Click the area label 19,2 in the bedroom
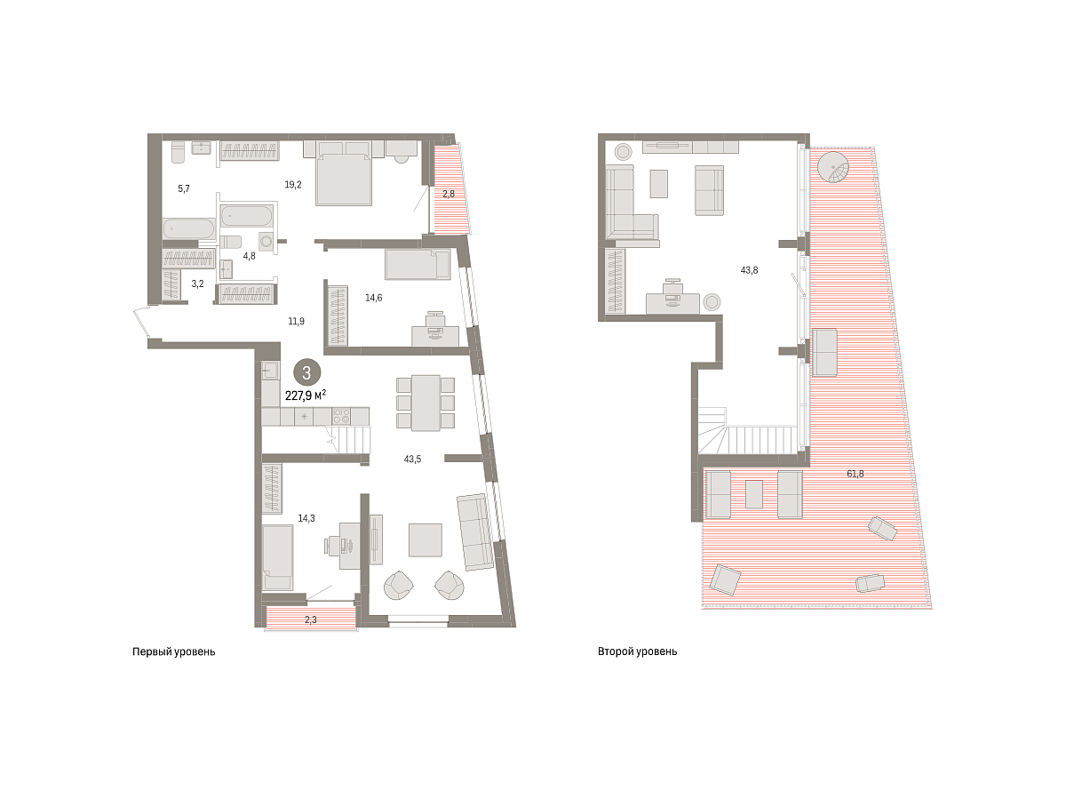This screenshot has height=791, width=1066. click(292, 184)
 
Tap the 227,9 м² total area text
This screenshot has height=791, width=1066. click(306, 395)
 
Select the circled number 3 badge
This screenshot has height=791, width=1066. click(306, 372)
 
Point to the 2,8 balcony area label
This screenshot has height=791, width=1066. click(449, 194)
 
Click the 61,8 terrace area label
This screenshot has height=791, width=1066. click(855, 474)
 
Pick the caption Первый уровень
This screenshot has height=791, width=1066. click(173, 651)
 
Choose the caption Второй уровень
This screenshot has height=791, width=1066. click(637, 651)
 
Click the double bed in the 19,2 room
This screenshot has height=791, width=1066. click(344, 179)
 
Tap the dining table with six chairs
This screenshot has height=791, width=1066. click(426, 403)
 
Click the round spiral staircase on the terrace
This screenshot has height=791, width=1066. click(834, 167)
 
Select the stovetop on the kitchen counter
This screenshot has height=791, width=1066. click(341, 416)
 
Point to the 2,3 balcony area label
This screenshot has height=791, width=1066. click(311, 619)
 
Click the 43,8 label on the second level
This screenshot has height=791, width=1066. click(749, 270)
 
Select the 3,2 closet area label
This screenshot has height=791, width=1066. click(197, 284)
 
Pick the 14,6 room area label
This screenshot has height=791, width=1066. click(373, 298)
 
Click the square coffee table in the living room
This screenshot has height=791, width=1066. click(426, 540)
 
